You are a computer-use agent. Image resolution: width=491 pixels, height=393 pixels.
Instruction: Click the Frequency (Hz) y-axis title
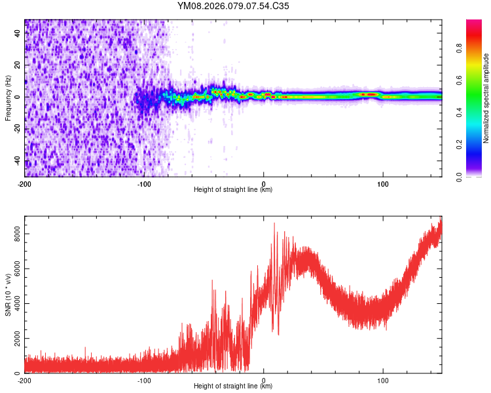pyautogui.click(x=8, y=98)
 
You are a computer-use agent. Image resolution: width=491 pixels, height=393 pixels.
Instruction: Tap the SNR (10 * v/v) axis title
pyautogui.click(x=8, y=295)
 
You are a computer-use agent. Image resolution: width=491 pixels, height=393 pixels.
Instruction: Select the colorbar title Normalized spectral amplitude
pyautogui.click(x=486, y=98)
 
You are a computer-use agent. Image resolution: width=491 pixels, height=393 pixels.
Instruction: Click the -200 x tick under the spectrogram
pyautogui.click(x=25, y=183)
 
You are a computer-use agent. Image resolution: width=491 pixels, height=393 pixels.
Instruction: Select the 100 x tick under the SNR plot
pyautogui.click(x=383, y=379)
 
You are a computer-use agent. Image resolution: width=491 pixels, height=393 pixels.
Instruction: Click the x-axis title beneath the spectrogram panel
pyautogui.click(x=233, y=189)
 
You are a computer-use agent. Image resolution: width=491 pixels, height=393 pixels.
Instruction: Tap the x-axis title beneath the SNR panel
pyautogui.click(x=233, y=386)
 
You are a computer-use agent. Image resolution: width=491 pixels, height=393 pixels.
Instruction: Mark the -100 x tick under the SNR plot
pyautogui.click(x=144, y=379)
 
